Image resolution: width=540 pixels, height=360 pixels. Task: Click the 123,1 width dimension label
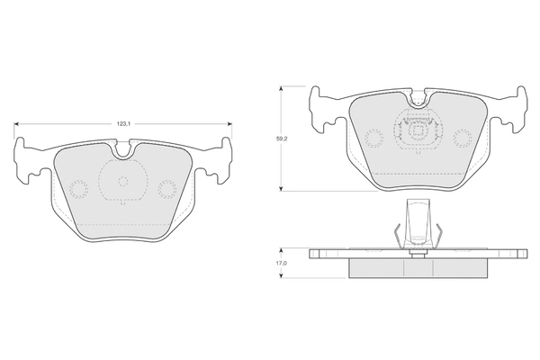click(x=123, y=124)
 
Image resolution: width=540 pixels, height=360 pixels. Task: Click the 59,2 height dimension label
click(x=282, y=139)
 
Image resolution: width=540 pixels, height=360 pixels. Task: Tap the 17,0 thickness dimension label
click(x=282, y=263)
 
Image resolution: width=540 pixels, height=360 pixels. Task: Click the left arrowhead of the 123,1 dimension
click(x=16, y=124)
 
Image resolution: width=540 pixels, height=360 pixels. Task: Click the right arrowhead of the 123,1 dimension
click(x=230, y=124)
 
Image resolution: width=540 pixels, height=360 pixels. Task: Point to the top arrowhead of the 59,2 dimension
click(x=282, y=88)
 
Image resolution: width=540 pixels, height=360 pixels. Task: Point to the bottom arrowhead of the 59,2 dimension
click(x=282, y=188)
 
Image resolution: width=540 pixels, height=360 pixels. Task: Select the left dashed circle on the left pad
click(x=79, y=189)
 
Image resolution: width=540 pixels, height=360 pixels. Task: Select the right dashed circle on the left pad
click(x=167, y=189)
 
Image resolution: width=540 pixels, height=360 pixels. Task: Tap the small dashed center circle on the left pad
click(x=123, y=181)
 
